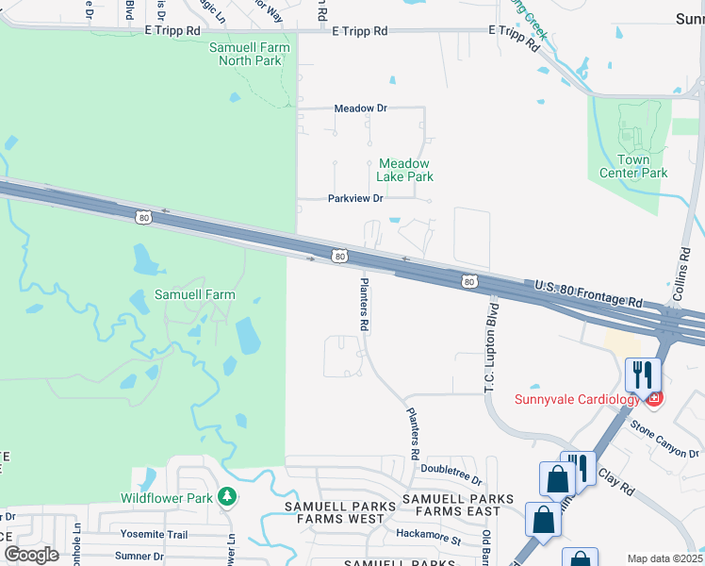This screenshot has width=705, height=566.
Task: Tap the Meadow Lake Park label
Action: coord(404,170)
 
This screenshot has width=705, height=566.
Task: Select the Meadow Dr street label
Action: coord(361,108)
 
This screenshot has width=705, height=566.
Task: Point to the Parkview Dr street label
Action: coord(355,199)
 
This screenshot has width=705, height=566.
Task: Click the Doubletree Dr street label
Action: coord(451,468)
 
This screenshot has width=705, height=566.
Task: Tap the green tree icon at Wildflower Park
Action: coord(225,496)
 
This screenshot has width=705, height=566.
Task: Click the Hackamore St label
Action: coord(429,541)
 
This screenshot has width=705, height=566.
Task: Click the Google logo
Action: coord(30,555)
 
